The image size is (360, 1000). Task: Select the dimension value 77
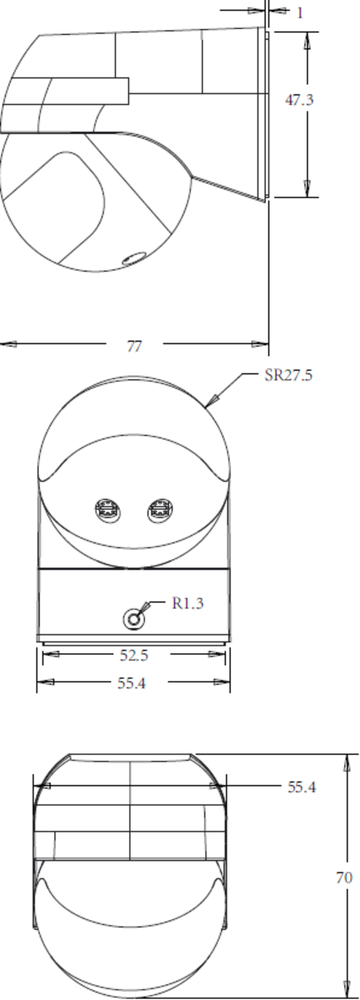pos(134,347)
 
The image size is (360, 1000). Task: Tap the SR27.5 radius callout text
pos(287,376)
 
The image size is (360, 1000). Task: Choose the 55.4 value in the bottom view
pos(301,787)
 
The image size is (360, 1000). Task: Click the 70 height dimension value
pos(342,877)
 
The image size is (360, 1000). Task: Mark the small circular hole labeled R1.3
pos(132,619)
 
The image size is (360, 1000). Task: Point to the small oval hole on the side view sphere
pos(132,258)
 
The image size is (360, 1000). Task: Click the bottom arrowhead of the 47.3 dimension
pos(307,190)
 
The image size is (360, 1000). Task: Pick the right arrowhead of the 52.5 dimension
pos(223,656)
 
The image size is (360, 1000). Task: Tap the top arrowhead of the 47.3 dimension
pos(307,38)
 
